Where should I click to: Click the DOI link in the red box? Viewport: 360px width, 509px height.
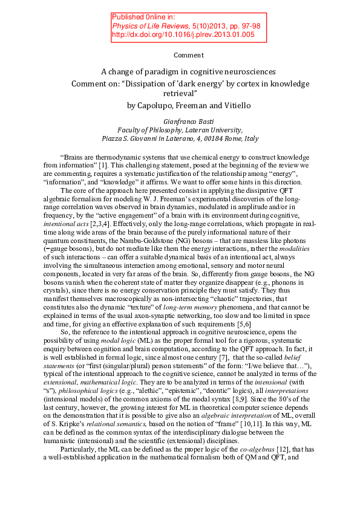(183, 35)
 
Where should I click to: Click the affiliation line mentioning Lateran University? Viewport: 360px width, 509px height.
(180, 129)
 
